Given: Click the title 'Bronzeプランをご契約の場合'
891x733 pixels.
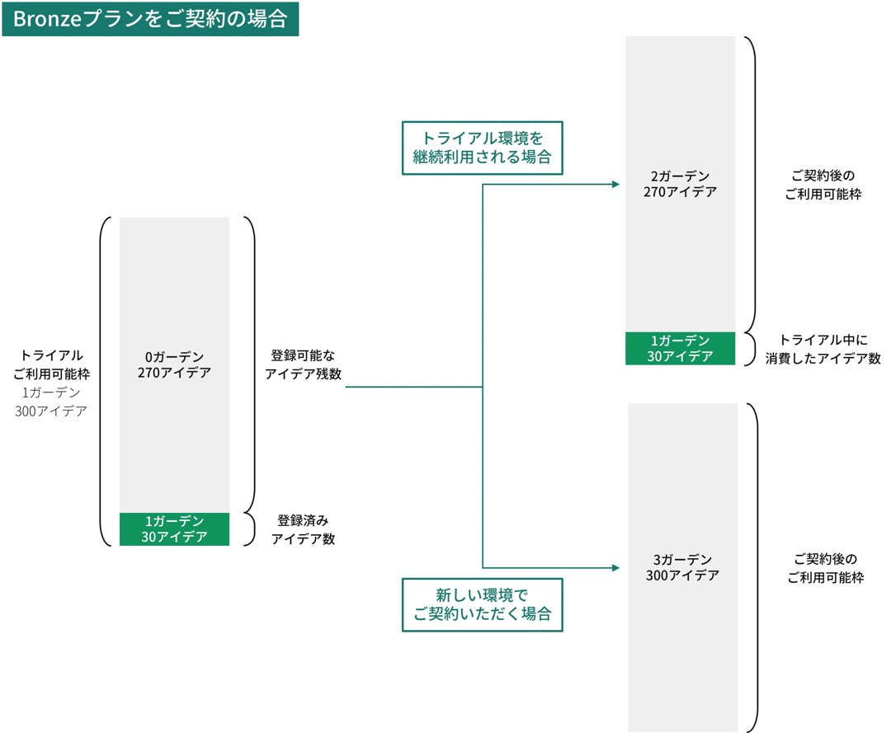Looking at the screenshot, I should pos(149,19).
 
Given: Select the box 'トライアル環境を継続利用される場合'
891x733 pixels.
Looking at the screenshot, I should pos(482,148).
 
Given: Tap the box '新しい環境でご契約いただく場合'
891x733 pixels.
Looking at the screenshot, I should pos(482,604).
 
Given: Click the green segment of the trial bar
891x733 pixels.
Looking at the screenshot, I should pos(174,529).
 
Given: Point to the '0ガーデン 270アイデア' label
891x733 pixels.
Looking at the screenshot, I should pos(174,364).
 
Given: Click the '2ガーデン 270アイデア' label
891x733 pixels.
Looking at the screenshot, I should pos(680,184).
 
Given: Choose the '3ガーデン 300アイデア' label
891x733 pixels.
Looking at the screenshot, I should pos(682,567).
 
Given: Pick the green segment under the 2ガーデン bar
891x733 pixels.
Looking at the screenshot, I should pos(680,348).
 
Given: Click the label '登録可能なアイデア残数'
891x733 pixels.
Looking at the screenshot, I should pos(303,364).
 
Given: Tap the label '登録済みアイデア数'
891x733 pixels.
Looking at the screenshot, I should pos(303,530).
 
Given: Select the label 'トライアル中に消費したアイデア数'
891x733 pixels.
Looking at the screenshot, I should pos(823,349).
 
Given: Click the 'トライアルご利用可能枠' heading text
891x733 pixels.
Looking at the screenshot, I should pos(51,364).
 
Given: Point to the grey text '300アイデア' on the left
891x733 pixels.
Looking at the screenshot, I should pos(51,411).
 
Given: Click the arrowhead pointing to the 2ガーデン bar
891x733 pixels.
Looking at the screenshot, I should pos(615,185).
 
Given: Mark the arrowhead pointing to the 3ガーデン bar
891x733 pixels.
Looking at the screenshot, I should pos(615,568).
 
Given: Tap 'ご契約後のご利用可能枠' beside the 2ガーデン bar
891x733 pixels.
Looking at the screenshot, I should pos(825,186).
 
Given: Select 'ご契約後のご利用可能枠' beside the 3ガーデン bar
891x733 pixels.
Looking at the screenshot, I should pos(825,568).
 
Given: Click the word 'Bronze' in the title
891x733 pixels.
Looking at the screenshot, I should pos(46,19).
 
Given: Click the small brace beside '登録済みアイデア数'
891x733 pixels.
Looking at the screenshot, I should pos(251,529).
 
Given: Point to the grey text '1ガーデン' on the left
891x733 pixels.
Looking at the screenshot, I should pos(51,392).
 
